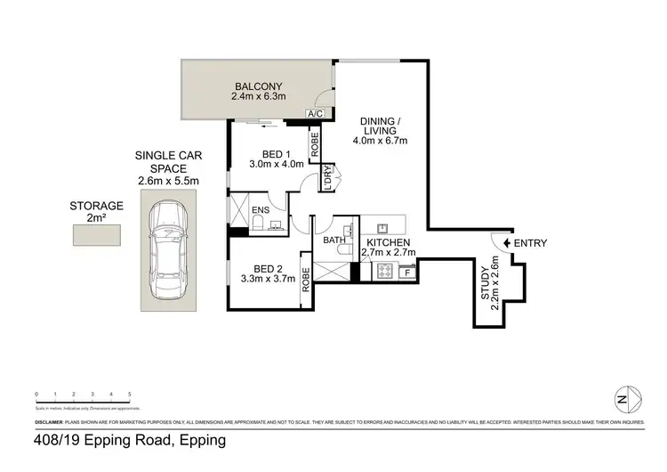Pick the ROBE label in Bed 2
(305, 282)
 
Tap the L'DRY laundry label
(327, 176)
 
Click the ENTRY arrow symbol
(506, 243)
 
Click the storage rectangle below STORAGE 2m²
(96, 234)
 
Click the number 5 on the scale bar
(130, 394)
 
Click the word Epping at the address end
(202, 440)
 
